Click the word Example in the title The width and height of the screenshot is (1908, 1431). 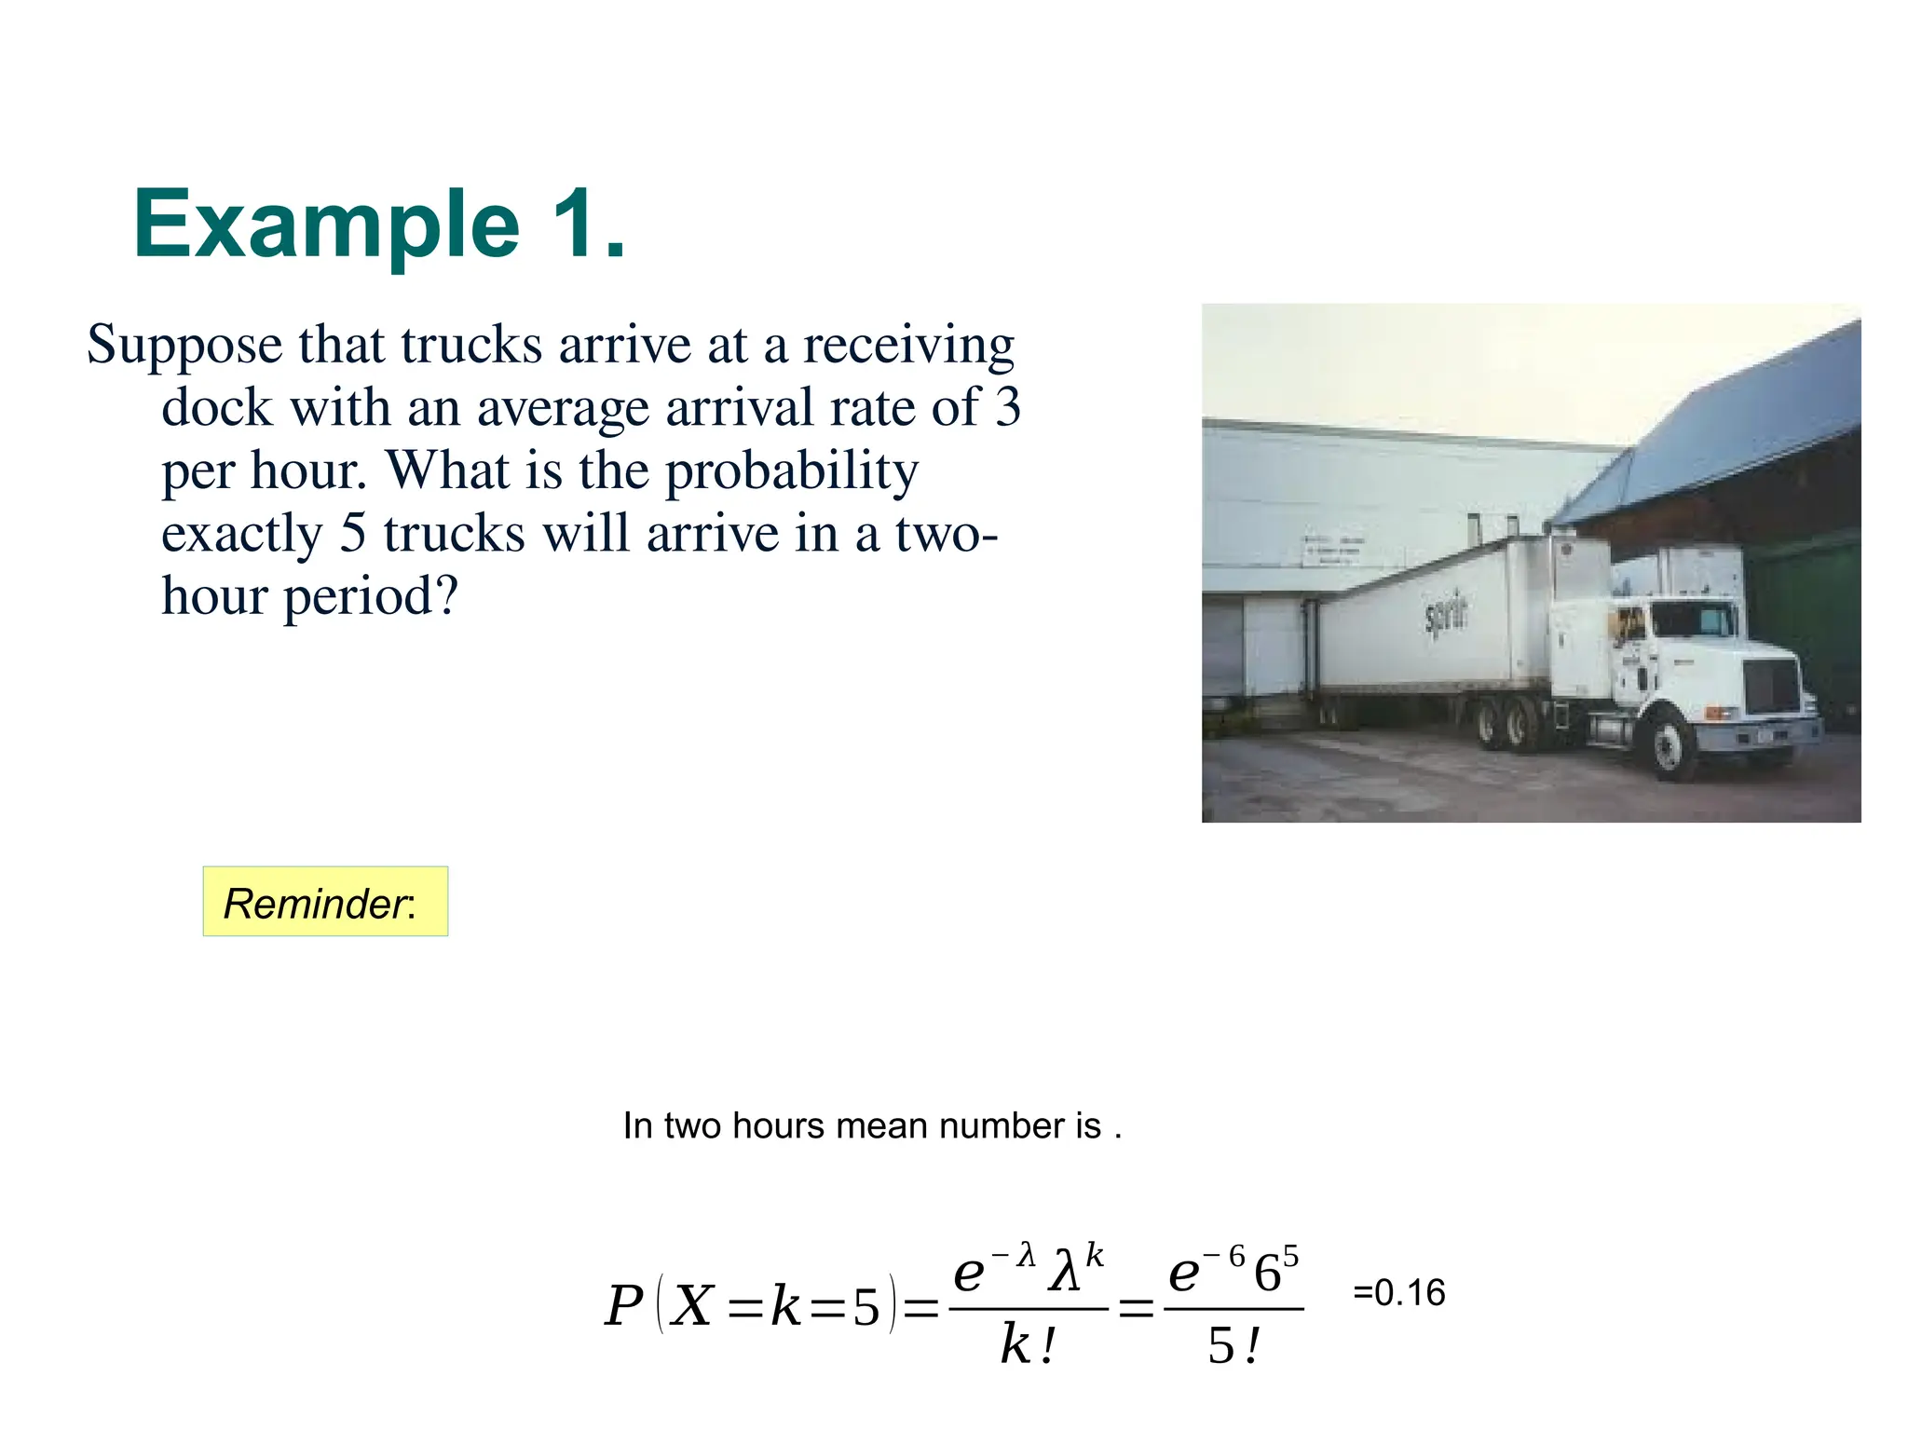326,225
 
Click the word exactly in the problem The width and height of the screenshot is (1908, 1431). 241,535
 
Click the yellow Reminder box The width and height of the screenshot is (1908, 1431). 325,902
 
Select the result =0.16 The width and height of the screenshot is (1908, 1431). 1398,1293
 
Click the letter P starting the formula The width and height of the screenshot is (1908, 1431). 624,1305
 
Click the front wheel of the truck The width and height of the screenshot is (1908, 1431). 1669,743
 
